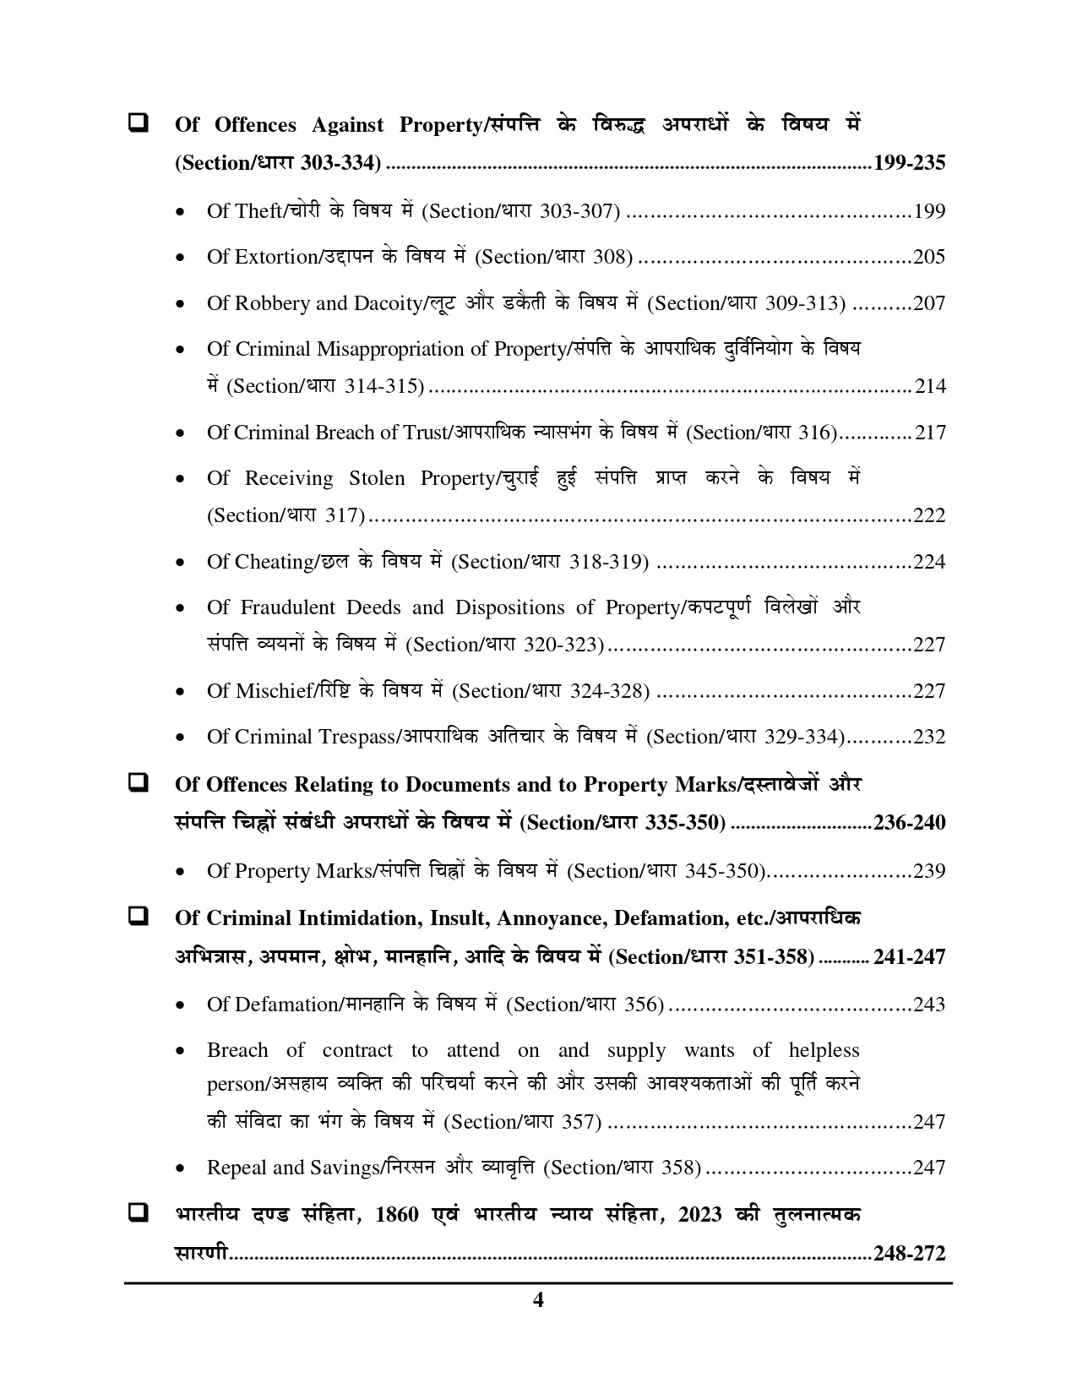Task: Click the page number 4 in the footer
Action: click(538, 1300)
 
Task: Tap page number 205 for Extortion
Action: click(929, 257)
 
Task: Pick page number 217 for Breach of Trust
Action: click(930, 433)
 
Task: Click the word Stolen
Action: click(377, 479)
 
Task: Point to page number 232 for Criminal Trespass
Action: click(929, 737)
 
